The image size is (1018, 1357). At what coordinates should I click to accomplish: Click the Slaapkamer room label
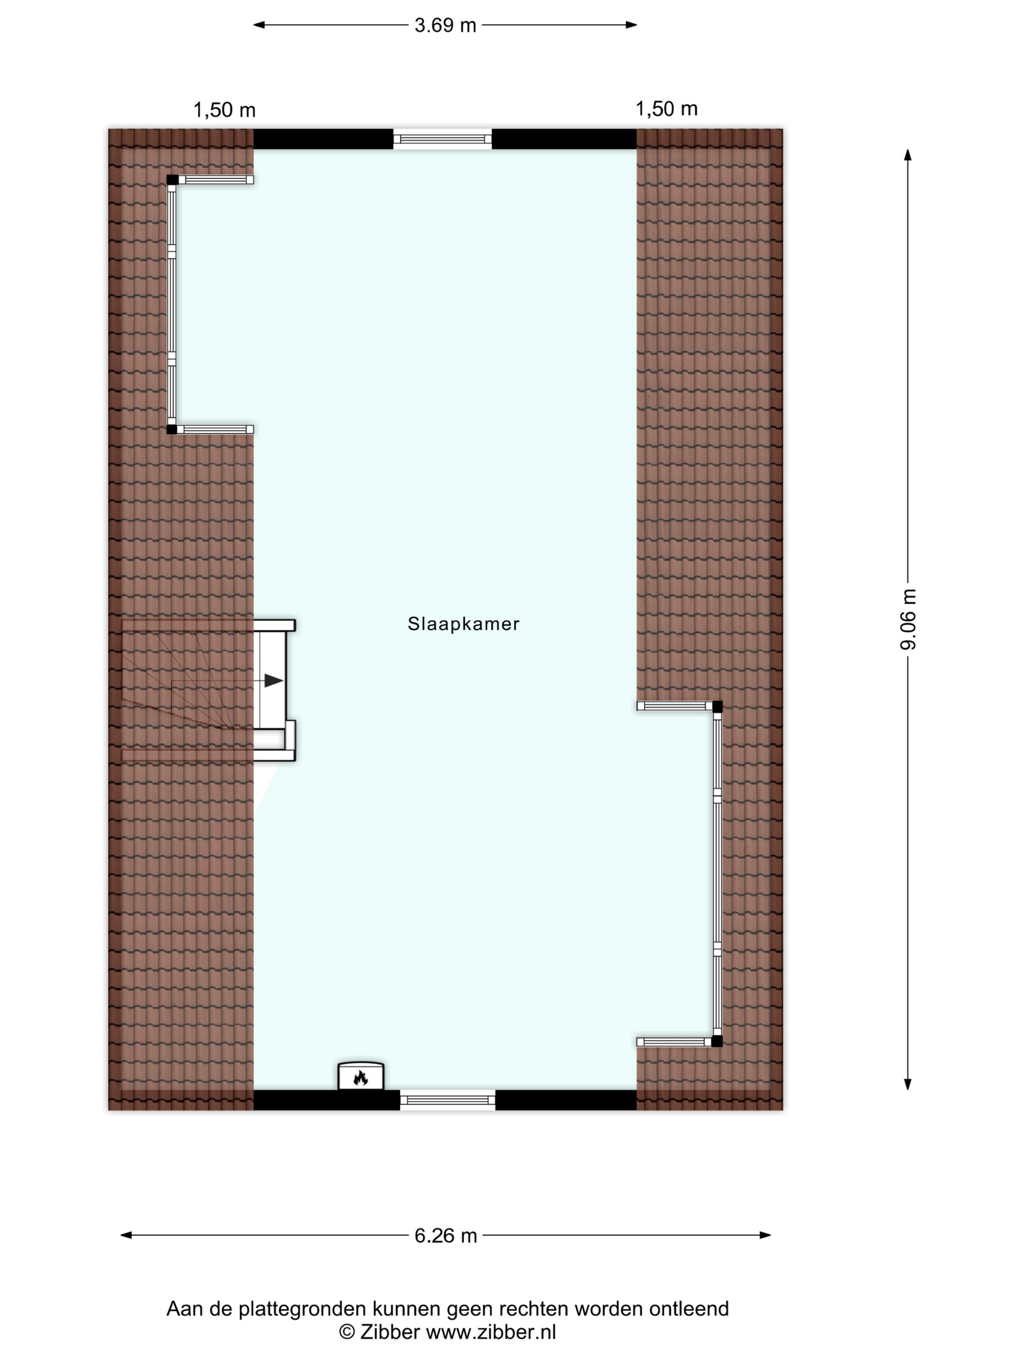[463, 624]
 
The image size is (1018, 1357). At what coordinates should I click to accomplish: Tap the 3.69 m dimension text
[445, 25]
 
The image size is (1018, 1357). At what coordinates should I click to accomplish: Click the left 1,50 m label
[224, 110]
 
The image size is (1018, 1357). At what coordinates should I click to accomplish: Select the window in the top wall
[443, 139]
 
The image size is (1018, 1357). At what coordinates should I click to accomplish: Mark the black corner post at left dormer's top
[173, 180]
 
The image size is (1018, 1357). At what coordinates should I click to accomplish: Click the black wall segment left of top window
[323, 139]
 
